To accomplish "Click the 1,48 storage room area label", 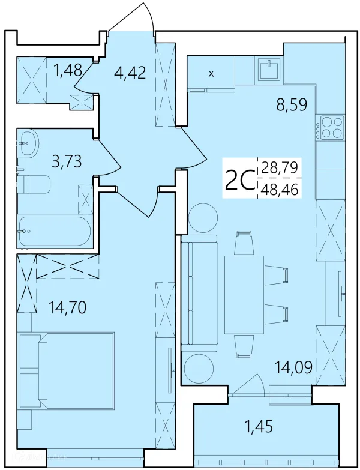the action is pos(68,71).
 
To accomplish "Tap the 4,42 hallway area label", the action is pos(130,73).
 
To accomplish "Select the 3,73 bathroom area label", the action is pos(67,162).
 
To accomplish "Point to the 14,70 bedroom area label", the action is pos(68,307).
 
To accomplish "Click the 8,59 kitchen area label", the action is pos(292,105).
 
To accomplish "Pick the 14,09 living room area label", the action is pos(294,367).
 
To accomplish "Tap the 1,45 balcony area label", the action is pos(259,426).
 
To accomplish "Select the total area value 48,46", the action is pos(280,189).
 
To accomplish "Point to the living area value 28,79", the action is pos(280,167).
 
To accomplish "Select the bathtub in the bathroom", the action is pos(55,231).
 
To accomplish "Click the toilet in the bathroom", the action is pos(34,185).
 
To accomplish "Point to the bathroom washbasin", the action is pos(28,143).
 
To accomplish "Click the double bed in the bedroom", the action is pos(67,371).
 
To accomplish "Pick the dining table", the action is pos(244,295).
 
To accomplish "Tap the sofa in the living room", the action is pos(199,293).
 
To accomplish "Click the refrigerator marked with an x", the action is pos(211,73).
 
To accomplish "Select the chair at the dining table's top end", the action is pos(244,243).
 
